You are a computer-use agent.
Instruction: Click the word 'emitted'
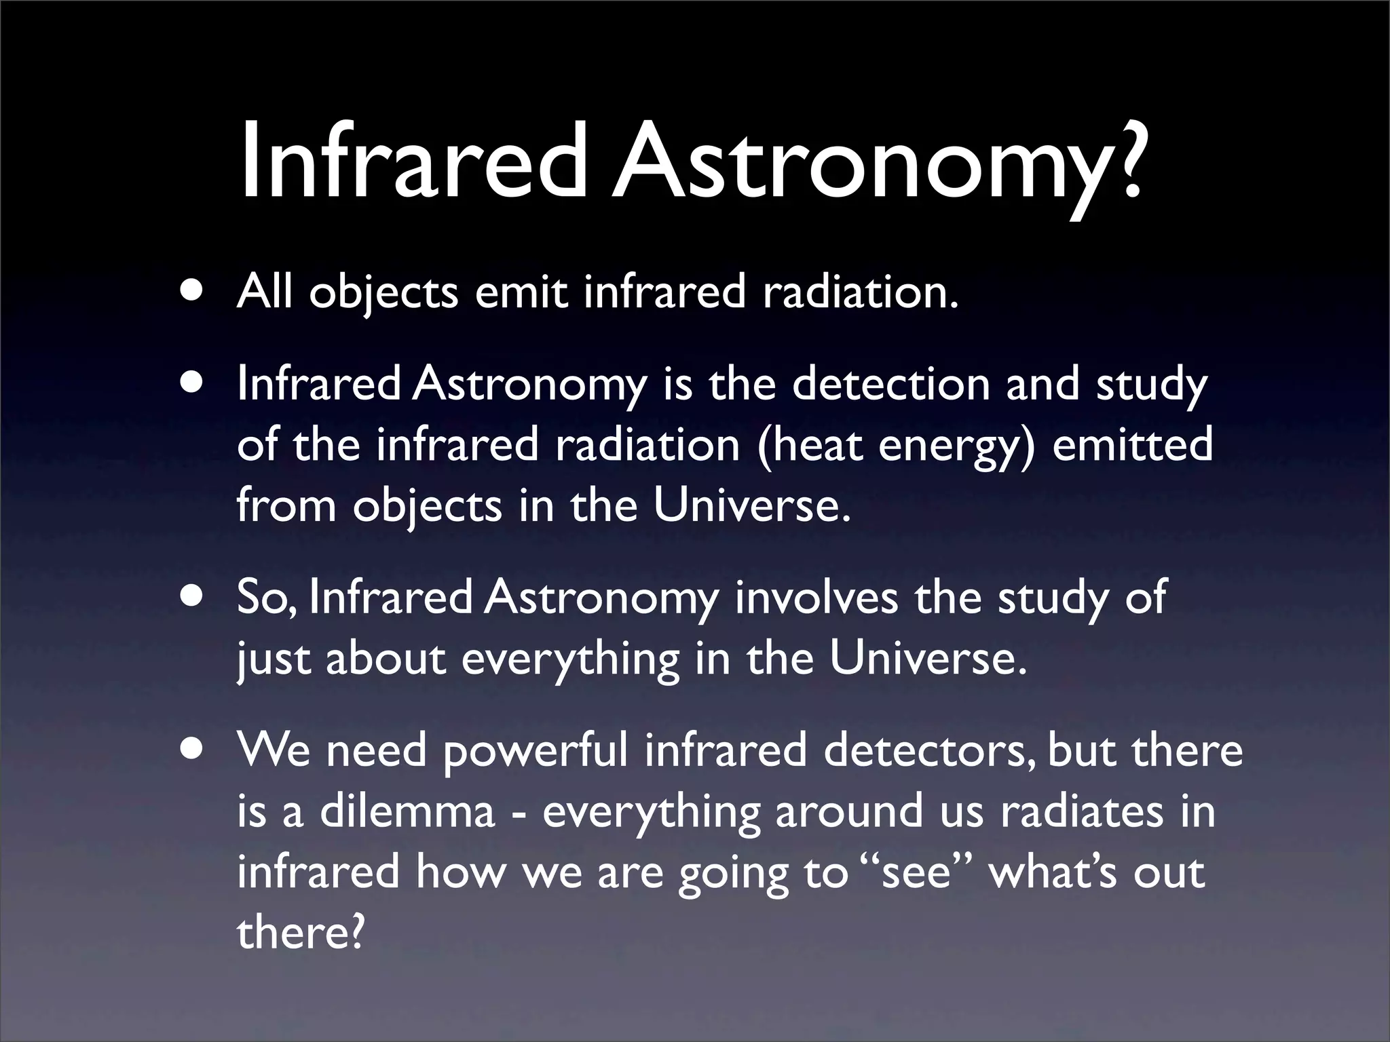(x=1132, y=444)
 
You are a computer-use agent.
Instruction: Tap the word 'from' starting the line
(x=286, y=505)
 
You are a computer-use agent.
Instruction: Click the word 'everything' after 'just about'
(x=570, y=659)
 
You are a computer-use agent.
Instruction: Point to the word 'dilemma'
(x=407, y=811)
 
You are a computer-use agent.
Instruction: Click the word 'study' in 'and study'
(x=1152, y=385)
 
